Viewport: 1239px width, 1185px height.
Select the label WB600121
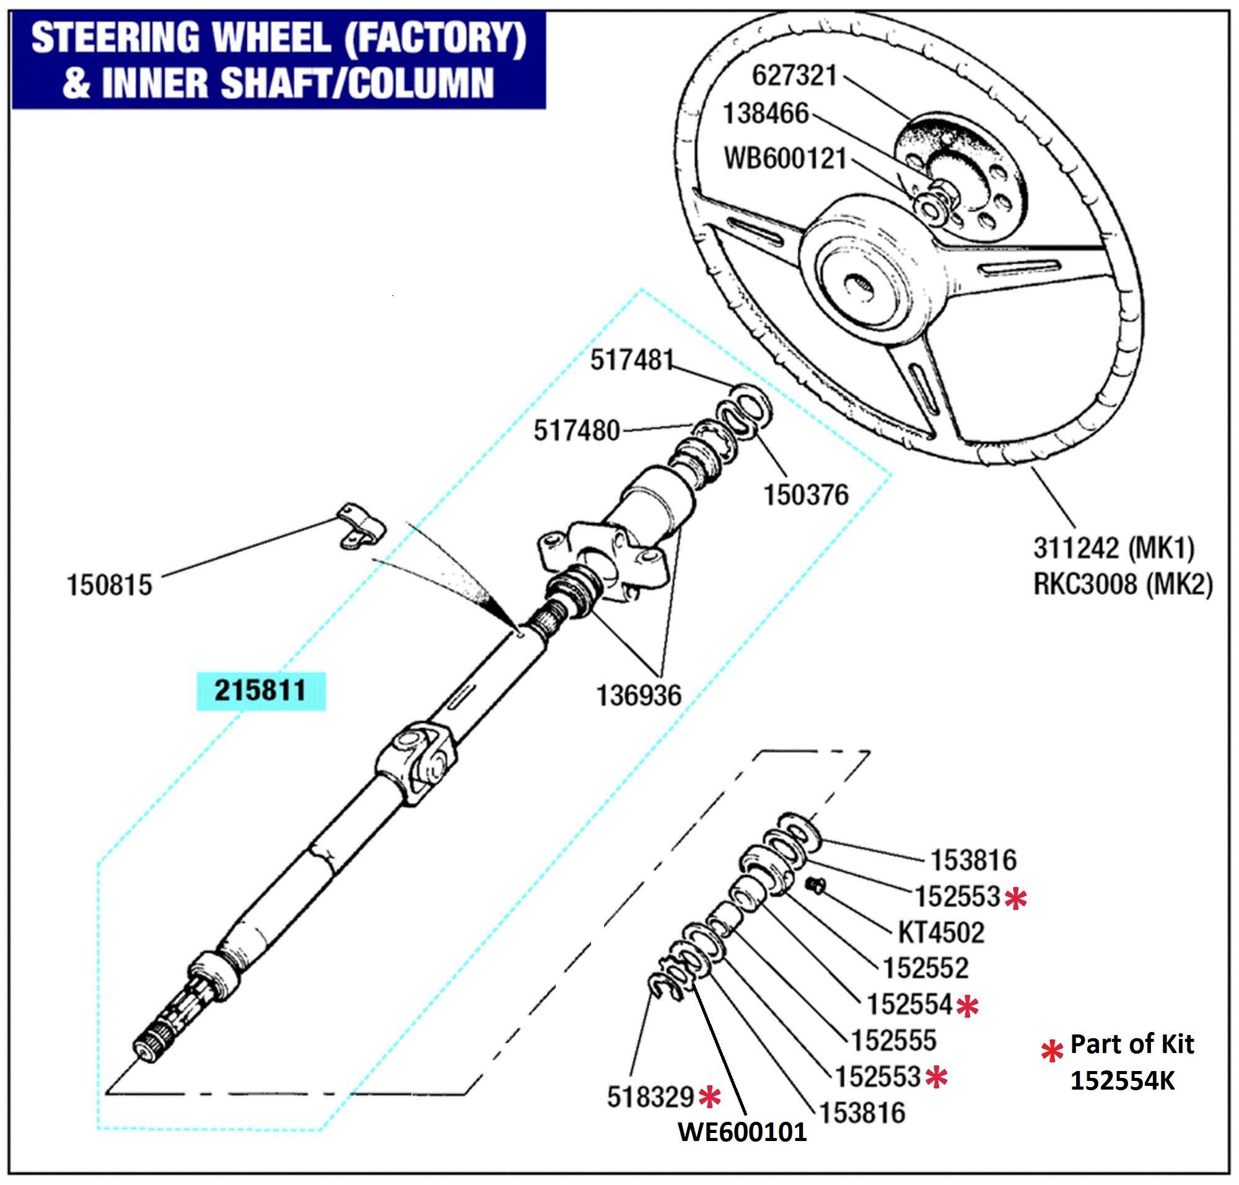point(784,159)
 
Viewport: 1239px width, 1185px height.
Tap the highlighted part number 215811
point(260,691)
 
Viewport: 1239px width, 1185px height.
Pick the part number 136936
point(639,696)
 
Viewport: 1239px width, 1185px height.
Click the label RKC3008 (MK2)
point(1123,584)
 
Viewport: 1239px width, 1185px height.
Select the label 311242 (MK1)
point(1113,548)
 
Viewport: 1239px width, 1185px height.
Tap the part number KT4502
point(941,932)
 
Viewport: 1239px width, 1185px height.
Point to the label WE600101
point(742,1131)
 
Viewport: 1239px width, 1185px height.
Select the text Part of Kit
point(1131,1044)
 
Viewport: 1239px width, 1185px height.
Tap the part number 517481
point(632,361)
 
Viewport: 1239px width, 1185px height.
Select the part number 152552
point(925,968)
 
